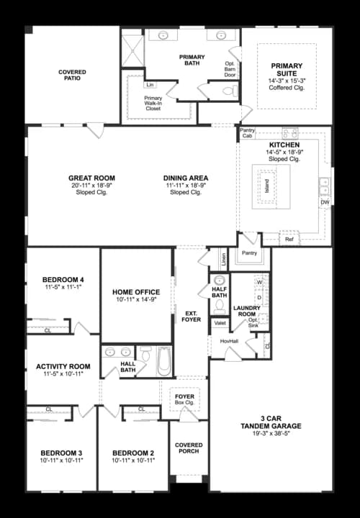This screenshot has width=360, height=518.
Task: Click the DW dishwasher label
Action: click(x=324, y=202)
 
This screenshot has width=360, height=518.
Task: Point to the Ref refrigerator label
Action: click(x=289, y=239)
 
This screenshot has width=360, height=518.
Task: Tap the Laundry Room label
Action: click(x=246, y=312)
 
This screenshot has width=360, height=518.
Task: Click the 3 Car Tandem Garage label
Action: click(x=271, y=426)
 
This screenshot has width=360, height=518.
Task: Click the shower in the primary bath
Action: click(x=132, y=50)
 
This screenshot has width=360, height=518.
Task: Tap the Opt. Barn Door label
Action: click(x=230, y=68)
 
